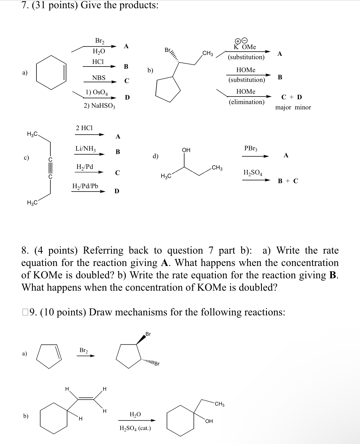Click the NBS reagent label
99,78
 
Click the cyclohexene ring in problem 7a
51,72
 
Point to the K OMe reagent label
245,47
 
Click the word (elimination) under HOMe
246,102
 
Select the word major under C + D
283,107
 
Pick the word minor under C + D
303,107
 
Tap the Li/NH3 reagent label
86,148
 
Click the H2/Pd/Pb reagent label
85,186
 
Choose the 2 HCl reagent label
84,128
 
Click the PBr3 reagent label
251,148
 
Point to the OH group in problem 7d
186,150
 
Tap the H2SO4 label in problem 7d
253,172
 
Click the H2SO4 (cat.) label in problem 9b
135,428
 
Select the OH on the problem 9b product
209,421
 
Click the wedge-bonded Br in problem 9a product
148,334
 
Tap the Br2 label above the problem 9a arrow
84,350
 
